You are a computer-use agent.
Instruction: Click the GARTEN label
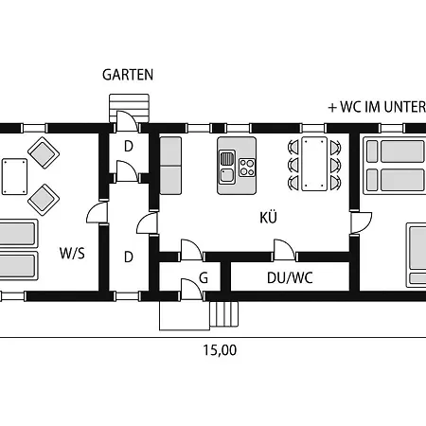128,75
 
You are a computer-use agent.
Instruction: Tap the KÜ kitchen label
269,217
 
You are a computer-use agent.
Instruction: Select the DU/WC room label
290,278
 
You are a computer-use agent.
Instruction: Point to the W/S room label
72,253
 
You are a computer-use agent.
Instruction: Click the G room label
204,278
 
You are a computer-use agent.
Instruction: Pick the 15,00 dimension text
220,350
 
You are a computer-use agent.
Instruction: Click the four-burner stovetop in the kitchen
247,168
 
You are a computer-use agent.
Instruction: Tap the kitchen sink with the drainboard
227,168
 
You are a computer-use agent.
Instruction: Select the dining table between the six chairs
314,164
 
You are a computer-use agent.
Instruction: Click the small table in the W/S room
14,177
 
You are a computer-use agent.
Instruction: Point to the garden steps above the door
129,108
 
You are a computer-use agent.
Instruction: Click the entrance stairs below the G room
224,314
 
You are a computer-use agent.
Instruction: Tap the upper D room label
129,147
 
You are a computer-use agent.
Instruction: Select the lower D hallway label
129,257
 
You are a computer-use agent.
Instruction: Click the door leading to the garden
127,121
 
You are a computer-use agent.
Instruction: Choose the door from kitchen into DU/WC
285,251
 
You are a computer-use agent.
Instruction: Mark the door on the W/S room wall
98,212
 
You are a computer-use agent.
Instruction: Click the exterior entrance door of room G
192,290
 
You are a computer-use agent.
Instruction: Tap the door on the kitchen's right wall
361,222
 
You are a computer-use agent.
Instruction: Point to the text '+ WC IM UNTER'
377,107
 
